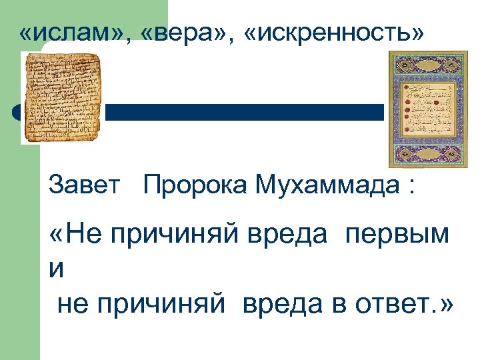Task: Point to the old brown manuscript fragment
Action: click(x=62, y=97)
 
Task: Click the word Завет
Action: click(x=85, y=185)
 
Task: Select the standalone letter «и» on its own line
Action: click(x=57, y=271)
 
